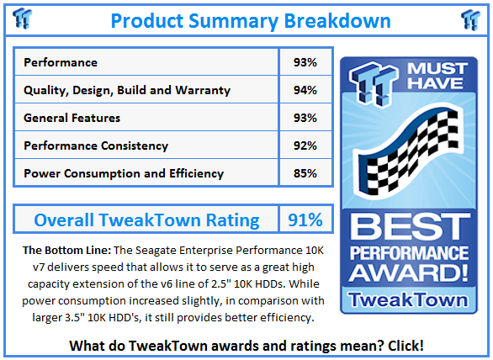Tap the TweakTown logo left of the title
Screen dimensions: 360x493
24,18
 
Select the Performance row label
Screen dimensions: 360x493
61,62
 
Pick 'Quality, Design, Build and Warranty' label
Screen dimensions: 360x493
127,90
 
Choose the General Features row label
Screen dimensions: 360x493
72,118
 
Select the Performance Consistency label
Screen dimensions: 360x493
96,146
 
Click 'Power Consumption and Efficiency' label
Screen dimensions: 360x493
124,173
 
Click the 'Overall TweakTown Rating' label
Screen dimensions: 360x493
146,220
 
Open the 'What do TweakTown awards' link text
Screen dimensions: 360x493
246,345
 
